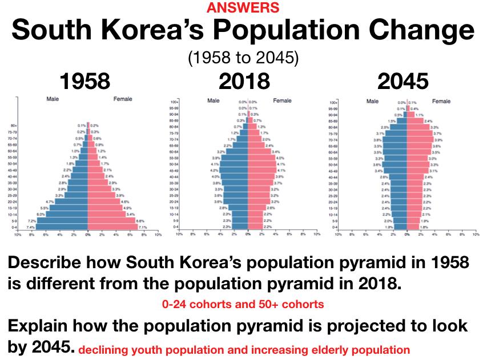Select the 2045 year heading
click(402, 82)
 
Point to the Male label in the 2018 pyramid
click(214, 101)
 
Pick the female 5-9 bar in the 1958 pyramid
click(111, 220)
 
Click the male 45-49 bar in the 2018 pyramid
click(235, 170)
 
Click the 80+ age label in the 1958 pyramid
click(21, 126)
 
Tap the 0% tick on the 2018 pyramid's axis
click(248, 234)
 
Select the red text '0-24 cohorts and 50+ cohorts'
click(243, 305)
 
